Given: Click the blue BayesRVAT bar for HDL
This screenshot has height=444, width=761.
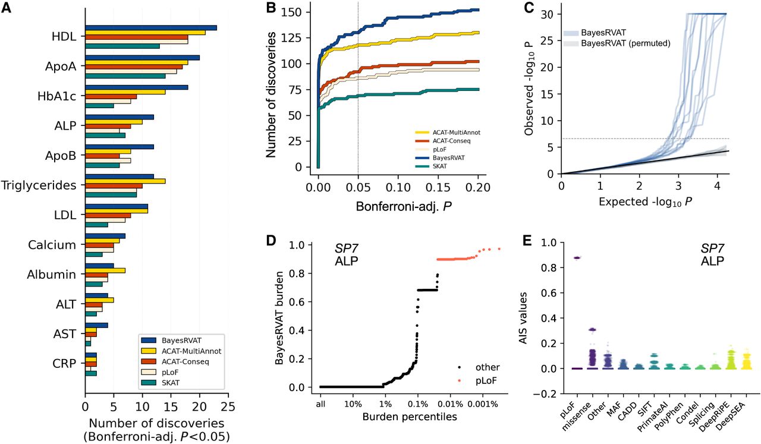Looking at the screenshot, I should coord(151,28).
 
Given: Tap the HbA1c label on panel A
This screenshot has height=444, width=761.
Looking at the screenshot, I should coord(58,96).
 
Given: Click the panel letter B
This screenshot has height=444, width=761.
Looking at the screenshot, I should coord(271,8).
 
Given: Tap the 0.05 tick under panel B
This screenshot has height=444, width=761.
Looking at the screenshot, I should coord(358,188).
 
